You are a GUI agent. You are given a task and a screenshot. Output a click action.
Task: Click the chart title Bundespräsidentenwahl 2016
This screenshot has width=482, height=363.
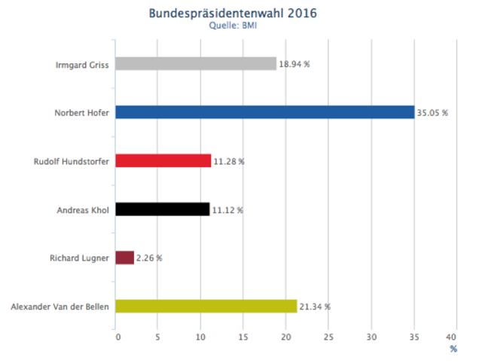point(233,14)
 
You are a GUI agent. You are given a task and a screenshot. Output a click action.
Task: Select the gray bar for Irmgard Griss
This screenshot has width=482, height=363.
point(196,64)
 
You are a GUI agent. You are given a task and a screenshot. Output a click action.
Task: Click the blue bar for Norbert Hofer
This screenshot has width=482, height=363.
point(264,112)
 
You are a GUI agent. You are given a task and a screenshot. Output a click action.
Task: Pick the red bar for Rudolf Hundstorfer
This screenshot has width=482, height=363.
point(163,160)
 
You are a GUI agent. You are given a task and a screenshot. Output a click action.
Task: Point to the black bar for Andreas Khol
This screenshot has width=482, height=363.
point(162,209)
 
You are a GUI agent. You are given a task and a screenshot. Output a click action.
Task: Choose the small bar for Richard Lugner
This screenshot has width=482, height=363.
point(124,258)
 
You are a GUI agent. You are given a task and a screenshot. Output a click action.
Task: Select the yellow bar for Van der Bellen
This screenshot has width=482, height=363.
point(206,306)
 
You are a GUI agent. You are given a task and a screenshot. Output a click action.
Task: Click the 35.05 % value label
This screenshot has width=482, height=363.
point(433,113)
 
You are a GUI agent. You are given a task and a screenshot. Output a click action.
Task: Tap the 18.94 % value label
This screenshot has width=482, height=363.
point(294,65)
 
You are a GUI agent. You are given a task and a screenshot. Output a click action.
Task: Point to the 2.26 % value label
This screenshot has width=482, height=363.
point(149,258)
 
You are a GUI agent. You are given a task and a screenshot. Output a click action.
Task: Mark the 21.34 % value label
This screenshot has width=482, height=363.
point(315,307)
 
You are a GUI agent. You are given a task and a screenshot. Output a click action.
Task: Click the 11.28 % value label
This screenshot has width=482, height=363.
point(228,161)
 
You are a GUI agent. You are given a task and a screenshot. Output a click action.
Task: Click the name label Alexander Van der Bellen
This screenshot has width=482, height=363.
point(60,307)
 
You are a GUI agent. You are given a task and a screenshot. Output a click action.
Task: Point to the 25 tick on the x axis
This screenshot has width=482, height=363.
point(328,337)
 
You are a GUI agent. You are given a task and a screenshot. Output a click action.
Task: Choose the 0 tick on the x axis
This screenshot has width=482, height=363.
point(117,337)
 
